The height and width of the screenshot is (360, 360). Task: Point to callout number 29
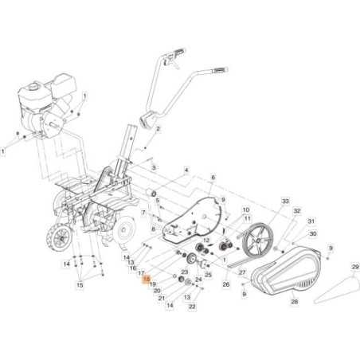[354, 267]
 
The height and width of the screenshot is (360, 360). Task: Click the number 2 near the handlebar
[158, 129]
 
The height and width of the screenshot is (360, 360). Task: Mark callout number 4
[186, 170]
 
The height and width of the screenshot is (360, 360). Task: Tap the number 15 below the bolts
[80, 284]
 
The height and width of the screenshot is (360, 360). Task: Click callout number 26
[226, 284]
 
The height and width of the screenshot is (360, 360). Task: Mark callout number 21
[162, 298]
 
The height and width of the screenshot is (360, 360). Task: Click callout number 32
[296, 211]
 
